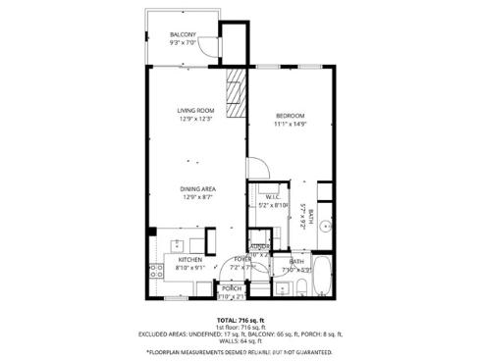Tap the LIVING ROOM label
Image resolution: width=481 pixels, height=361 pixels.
(x=195, y=110)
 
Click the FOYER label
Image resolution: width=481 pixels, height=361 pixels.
(x=241, y=259)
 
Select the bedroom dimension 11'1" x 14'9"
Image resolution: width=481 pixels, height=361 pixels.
(x=291, y=124)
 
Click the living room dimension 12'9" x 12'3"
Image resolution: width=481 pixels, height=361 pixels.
(x=195, y=120)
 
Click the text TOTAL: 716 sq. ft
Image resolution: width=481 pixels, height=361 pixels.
(x=240, y=320)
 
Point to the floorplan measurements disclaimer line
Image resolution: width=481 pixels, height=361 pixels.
(x=240, y=350)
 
